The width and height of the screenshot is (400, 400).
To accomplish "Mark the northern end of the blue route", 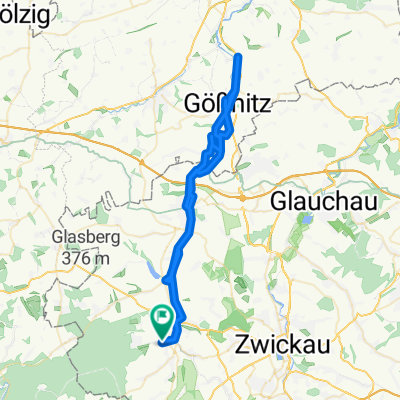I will [x=239, y=57].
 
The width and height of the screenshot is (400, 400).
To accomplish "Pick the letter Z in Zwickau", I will [x=241, y=344].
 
